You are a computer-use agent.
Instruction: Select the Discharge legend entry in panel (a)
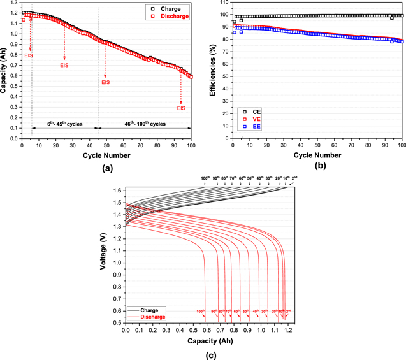[x=173, y=16]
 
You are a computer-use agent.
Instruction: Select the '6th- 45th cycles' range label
[x=64, y=122]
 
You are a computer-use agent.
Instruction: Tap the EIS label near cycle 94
[x=181, y=108]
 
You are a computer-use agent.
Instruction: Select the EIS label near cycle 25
[x=64, y=65]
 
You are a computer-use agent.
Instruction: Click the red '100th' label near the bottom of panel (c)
[x=201, y=312]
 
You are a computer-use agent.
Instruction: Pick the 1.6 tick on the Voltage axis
[x=118, y=191]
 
